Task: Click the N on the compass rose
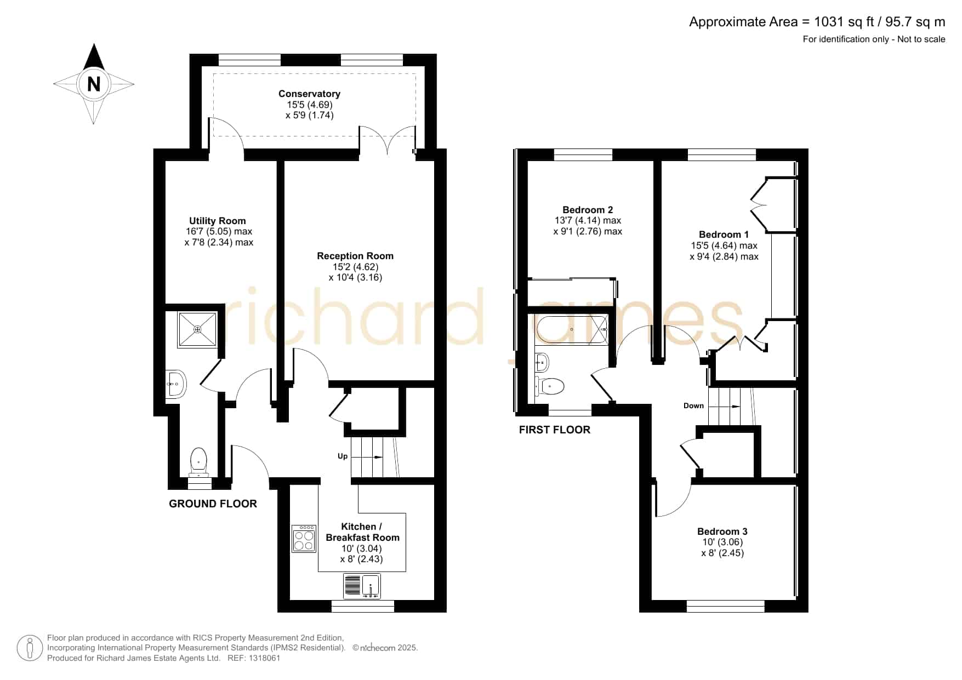coord(94,84)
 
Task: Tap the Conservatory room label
coord(309,94)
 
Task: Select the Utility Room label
coord(218,221)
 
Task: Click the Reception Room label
coord(355,256)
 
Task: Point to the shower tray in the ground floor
coord(197,329)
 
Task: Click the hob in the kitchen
coord(304,539)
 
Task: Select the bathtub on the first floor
coord(572,329)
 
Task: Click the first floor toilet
coord(550,386)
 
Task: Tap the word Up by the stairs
coord(343,456)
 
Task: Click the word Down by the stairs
coord(693,405)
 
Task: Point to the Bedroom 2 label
coord(588,210)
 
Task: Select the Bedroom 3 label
coord(722,532)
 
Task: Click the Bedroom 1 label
coord(724,235)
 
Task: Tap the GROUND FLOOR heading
coord(213,504)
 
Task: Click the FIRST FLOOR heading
coord(555,430)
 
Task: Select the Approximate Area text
coord(817,22)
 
